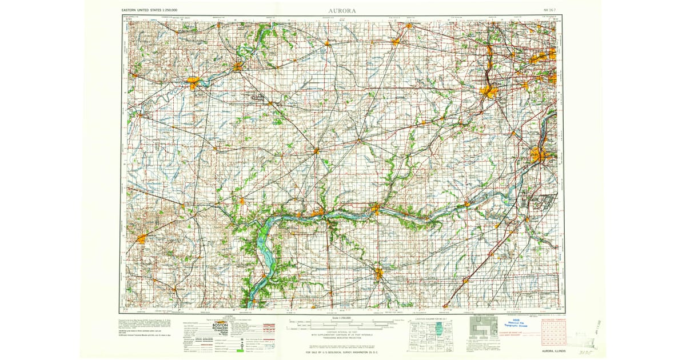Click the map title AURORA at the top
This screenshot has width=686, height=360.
(342, 10)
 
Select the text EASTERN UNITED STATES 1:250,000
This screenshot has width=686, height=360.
(149, 10)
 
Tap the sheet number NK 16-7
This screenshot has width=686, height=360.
(549, 10)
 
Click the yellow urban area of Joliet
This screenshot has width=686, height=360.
(538, 154)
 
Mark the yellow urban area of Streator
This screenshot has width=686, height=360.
(378, 274)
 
